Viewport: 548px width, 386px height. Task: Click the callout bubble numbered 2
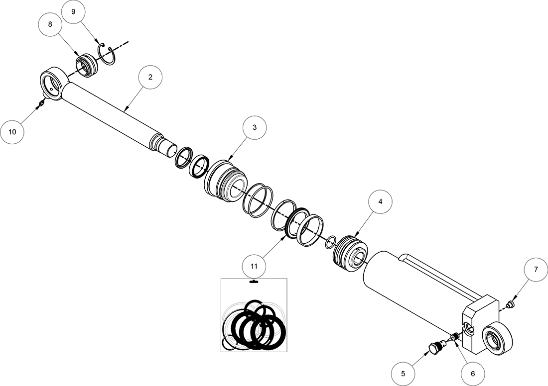tap(150, 77)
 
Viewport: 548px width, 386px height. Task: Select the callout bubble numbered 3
tap(255, 127)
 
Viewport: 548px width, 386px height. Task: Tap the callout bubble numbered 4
tap(380, 202)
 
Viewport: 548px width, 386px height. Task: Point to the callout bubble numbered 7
tap(536, 270)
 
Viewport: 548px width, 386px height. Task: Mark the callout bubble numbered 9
tap(73, 12)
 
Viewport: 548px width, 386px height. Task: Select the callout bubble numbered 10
tap(12, 132)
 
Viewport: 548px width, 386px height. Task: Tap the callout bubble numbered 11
tap(254, 266)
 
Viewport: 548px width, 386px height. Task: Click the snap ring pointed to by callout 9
tap(108, 54)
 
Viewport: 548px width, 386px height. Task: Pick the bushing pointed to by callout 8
tap(86, 66)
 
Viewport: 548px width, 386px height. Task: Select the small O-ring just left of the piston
tap(329, 243)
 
